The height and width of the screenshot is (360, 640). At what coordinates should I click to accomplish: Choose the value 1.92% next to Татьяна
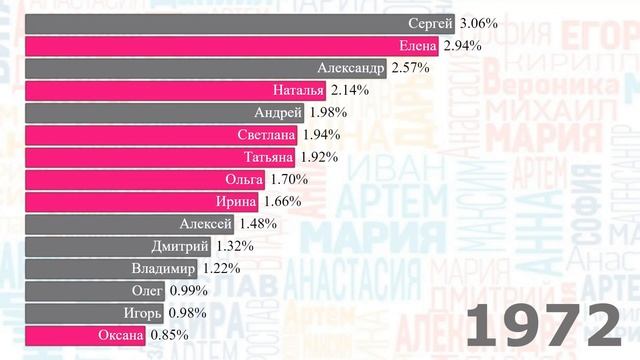pos(319,157)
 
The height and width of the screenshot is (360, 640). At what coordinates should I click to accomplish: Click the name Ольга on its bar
pos(244,179)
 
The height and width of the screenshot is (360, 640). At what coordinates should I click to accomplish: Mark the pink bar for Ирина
pos(140,201)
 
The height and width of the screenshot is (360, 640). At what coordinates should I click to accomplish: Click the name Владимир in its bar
pos(163,268)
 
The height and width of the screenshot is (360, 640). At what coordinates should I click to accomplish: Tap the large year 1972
pos(544,325)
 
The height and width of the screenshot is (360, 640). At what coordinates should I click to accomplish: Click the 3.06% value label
pos(480,22)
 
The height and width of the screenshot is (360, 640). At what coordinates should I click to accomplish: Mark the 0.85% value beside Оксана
pos(170,335)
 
